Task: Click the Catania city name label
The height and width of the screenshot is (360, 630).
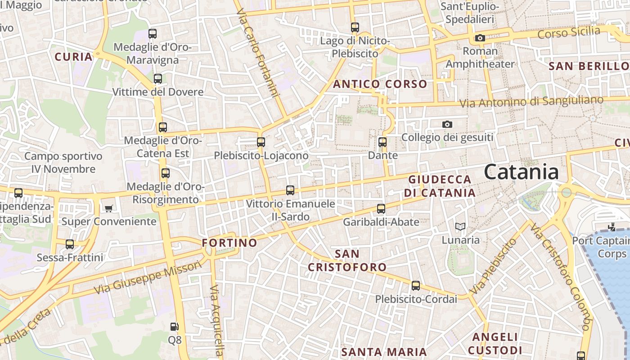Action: point(521,172)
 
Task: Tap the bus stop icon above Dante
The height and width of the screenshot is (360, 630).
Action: point(382,142)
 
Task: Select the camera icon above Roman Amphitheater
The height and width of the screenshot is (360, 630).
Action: point(480,38)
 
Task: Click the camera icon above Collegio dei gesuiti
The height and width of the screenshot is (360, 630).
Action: point(447,124)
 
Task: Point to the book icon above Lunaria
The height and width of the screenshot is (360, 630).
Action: point(460,226)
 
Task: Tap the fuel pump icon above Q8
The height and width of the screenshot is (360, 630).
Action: point(175,326)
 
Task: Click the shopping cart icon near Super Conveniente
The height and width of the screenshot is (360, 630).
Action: point(108,208)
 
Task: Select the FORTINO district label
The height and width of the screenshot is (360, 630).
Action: point(229,243)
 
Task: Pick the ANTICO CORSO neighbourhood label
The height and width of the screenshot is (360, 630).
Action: point(380,84)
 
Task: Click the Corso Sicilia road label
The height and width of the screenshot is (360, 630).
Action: point(569,32)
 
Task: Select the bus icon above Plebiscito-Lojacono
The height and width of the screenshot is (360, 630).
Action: point(261,142)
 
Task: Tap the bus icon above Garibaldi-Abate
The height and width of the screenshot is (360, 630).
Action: point(381,209)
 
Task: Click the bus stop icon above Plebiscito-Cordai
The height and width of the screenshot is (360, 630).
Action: point(416,286)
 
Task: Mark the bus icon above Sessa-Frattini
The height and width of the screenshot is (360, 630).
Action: point(70,244)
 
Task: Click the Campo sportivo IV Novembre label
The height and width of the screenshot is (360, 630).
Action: point(63,163)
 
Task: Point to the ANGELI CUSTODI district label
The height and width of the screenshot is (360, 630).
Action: point(495,343)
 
